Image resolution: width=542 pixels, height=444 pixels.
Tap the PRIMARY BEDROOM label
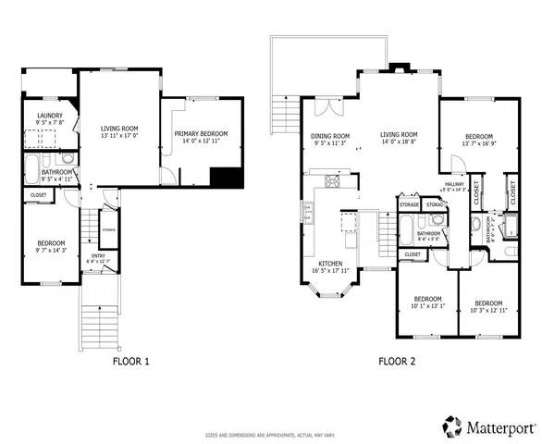click(201, 134)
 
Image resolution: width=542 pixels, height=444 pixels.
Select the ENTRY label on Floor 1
click(97, 256)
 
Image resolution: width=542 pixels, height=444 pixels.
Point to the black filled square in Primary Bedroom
click(225, 178)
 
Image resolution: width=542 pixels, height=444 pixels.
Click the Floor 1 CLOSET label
click(38, 195)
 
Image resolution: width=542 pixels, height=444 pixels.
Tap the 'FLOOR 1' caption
click(131, 362)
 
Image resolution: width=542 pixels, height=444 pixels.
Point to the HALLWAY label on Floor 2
click(455, 185)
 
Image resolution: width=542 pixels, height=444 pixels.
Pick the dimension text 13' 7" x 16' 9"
click(479, 143)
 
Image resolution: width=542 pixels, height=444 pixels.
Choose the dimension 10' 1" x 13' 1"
click(427, 306)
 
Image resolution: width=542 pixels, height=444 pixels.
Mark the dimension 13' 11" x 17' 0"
click(118, 136)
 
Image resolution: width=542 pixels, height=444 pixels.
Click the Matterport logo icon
click(452, 426)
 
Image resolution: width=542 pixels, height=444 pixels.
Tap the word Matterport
click(499, 427)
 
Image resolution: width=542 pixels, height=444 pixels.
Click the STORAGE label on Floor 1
click(108, 228)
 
